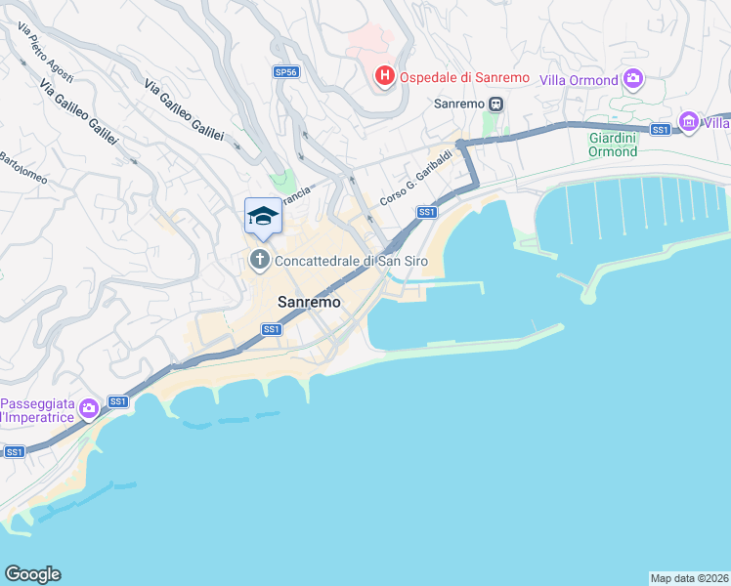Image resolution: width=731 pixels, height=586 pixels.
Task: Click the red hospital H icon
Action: pos(385,75)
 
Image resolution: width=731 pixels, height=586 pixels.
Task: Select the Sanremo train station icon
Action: pos(496,103)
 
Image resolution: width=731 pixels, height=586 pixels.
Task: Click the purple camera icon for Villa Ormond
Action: pos(633,78)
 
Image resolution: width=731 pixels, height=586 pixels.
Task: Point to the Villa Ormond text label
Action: pos(580,80)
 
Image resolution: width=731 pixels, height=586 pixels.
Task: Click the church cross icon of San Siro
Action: pos(259,260)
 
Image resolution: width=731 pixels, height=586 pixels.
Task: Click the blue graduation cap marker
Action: pos(262,216)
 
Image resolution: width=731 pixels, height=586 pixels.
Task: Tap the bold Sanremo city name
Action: pos(310,302)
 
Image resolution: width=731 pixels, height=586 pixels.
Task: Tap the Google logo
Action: pos(32,574)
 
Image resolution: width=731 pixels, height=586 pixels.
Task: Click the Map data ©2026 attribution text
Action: pos(690,578)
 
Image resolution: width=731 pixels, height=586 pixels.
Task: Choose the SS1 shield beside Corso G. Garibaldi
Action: pos(426,212)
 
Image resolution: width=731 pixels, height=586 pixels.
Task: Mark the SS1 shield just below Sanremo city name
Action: pos(272,329)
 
